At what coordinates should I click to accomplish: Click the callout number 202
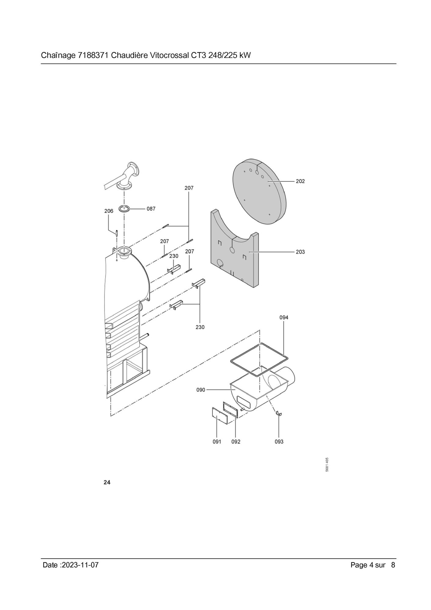pos(300,181)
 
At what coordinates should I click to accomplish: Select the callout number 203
pos(300,252)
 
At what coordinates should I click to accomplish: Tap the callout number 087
pos(151,209)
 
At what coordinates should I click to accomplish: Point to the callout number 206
pos(109,211)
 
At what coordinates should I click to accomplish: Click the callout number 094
pos(284,317)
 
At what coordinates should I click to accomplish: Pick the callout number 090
pos(201,390)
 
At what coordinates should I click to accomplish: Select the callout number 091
pos(217,442)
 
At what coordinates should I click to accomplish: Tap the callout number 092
pos(236,442)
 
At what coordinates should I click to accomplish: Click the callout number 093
pos(279,442)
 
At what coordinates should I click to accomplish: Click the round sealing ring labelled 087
pos(124,207)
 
